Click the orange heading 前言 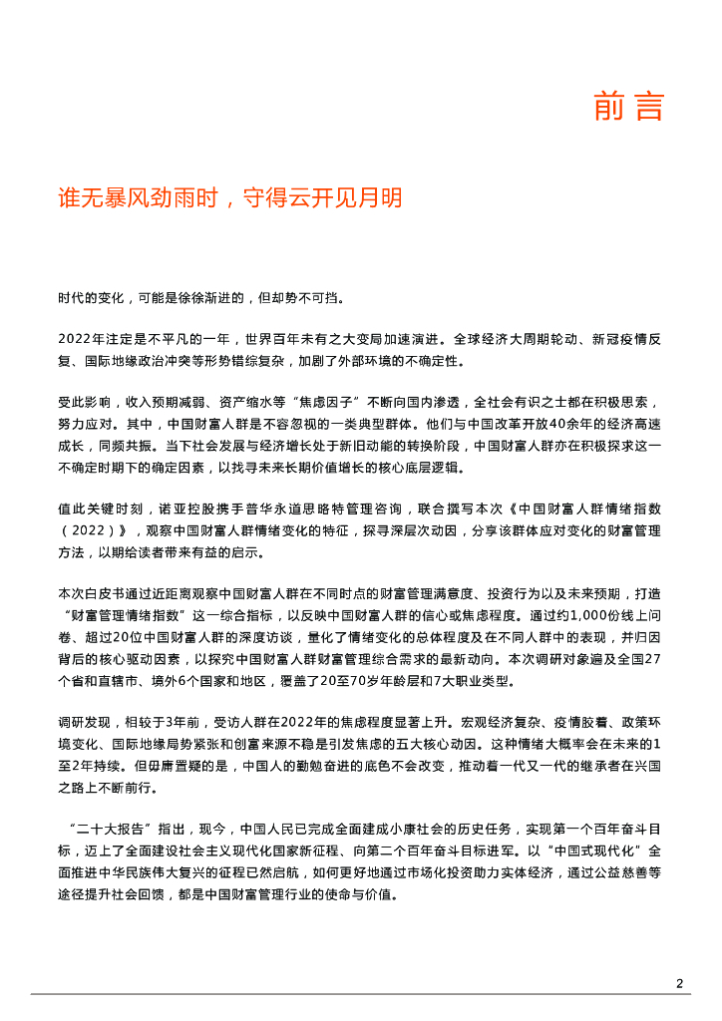click(628, 106)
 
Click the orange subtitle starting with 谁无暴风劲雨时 click(230, 197)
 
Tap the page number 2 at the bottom click(679, 984)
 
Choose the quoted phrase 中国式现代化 click(604, 851)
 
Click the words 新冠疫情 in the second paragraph click(595, 339)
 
